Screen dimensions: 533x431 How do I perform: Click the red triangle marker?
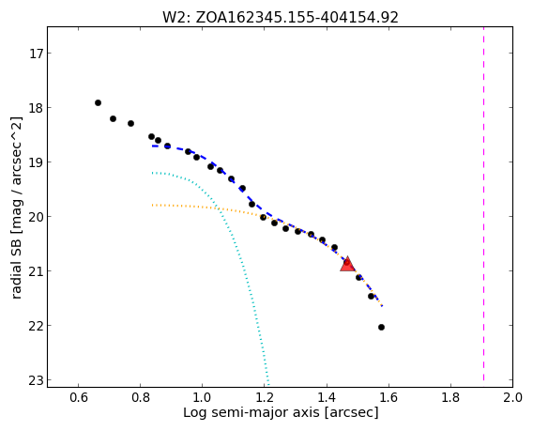pos(347,264)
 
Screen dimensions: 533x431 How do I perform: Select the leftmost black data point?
pos(98,102)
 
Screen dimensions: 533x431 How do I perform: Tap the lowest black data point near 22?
pos(381,328)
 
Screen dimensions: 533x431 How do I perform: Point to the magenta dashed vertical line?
pos(483,204)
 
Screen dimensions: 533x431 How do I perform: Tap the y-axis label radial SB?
pos(16,251)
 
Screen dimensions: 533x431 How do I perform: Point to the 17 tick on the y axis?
pos(37,54)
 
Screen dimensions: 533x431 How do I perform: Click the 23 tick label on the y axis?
pos(37,380)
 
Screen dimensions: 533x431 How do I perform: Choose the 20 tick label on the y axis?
pos(37,217)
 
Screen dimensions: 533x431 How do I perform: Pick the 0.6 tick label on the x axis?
pos(78,397)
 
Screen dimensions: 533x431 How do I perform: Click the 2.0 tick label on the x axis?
pos(512,397)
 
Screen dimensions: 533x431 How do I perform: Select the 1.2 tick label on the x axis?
pos(264,397)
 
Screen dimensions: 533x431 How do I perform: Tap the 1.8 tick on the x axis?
pos(450,397)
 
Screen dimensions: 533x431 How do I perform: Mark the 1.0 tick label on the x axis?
pos(203,397)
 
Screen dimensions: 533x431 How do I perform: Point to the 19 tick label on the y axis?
pos(37,162)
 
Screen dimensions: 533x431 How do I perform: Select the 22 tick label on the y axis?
pos(37,326)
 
